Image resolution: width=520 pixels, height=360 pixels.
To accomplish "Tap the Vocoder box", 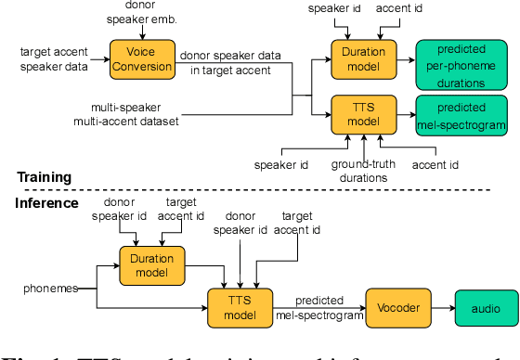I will click(394, 307).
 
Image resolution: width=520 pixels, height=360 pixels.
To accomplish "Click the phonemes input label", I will click(48, 289).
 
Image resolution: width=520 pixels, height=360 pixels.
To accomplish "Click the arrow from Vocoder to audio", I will click(438, 307).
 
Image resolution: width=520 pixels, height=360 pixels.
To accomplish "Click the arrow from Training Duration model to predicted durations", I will click(402, 58).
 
